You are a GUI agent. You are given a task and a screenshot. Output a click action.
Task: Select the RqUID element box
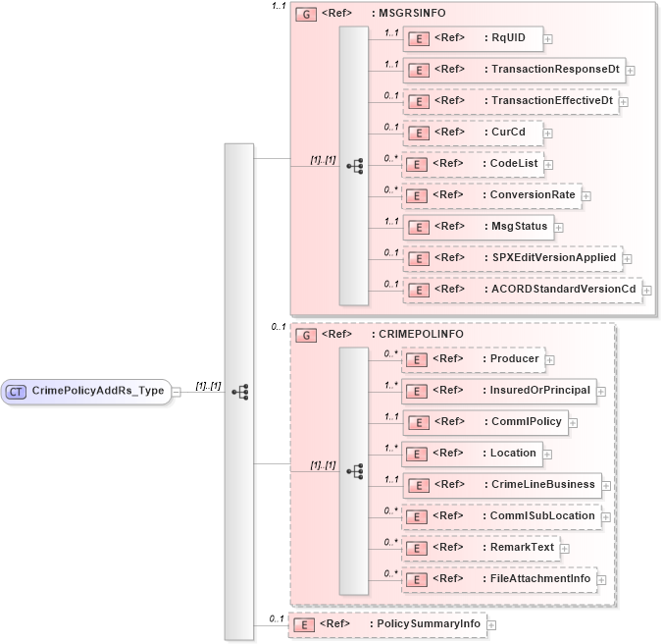click(472, 38)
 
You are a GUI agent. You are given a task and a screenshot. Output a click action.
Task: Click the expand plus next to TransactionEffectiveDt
click(624, 101)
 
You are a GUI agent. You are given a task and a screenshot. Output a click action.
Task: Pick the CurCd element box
click(472, 133)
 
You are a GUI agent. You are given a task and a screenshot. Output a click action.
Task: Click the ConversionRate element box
click(490, 195)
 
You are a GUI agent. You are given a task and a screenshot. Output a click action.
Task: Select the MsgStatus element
click(477, 227)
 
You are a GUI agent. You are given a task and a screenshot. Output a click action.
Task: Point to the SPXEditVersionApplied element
click(511, 258)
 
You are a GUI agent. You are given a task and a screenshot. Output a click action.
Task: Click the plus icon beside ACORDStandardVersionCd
click(646, 290)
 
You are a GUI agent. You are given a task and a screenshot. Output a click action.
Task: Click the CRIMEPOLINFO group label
click(406, 334)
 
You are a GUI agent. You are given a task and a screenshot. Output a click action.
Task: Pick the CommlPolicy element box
click(484, 422)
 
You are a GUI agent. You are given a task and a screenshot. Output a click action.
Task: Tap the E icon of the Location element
click(418, 454)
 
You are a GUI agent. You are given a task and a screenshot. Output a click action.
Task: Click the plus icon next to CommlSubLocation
click(606, 516)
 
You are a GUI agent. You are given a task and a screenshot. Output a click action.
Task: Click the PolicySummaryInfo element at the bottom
click(386, 624)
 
